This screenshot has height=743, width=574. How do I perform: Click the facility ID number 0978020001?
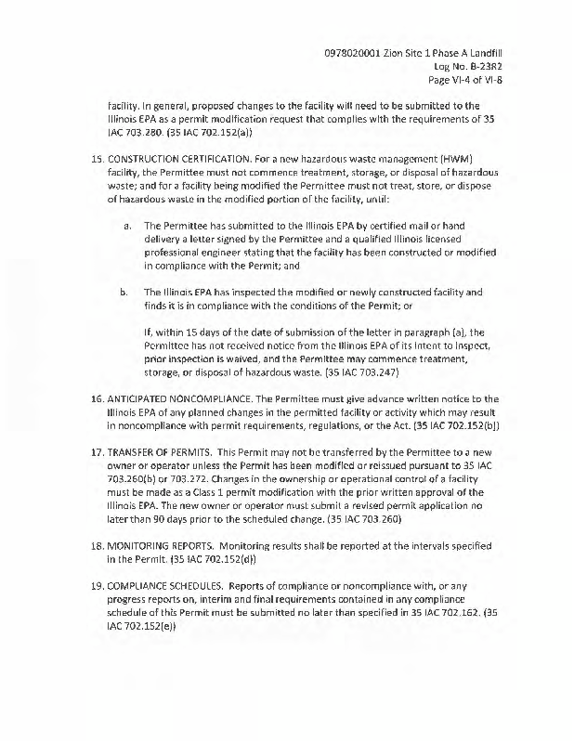coord(349,52)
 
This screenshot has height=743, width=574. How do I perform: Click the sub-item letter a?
coord(126,225)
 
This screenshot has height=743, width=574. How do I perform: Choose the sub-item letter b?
coord(126,292)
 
